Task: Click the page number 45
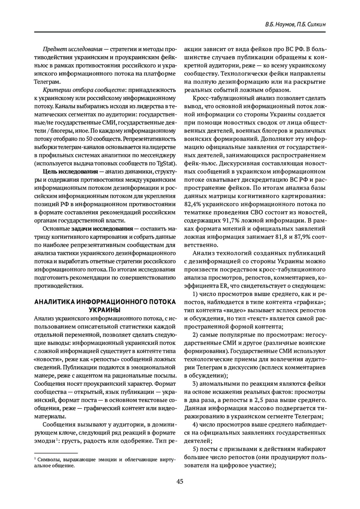180,482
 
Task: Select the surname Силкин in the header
316,24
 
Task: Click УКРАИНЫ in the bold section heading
105,309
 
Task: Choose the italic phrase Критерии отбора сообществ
79,90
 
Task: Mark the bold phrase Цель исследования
70,172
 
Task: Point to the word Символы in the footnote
48,459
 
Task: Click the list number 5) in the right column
195,449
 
